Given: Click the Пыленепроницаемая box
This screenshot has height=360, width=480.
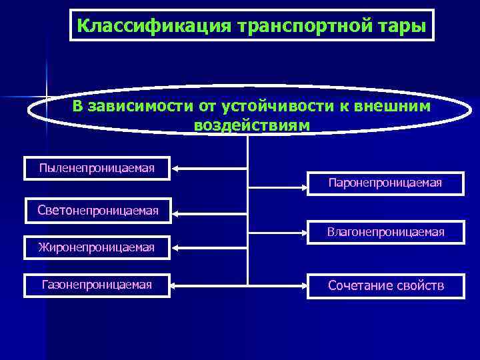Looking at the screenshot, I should pyautogui.click(x=97, y=168).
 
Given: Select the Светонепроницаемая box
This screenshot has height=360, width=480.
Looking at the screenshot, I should pyautogui.click(x=98, y=211).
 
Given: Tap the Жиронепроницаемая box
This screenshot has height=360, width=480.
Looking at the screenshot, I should pyautogui.click(x=96, y=248).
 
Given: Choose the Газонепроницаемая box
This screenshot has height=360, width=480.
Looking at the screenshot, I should pyautogui.click(x=97, y=285).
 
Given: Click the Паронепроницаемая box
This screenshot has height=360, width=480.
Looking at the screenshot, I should pyautogui.click(x=385, y=183).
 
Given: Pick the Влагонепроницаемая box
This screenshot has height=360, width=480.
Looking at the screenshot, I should pyautogui.click(x=385, y=233).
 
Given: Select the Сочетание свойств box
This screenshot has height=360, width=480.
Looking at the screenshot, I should pyautogui.click(x=385, y=286).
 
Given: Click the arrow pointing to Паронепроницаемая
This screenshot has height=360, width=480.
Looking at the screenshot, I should pyautogui.click(x=277, y=183).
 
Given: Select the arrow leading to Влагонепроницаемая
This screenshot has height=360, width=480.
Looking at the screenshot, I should pyautogui.click(x=277, y=233).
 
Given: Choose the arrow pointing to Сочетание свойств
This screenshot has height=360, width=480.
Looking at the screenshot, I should pyautogui.click(x=277, y=285).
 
